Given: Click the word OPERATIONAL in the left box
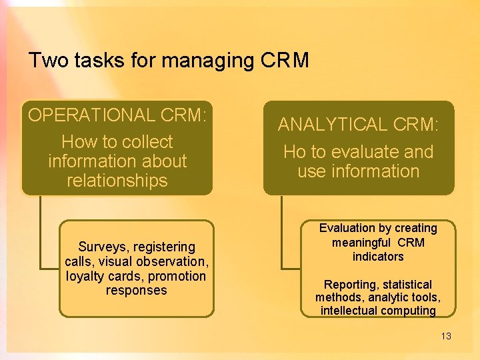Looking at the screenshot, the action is point(91,115).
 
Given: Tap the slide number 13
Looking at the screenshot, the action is point(446,336).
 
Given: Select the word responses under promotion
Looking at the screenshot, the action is point(137,291).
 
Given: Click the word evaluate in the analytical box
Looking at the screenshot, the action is point(359,152).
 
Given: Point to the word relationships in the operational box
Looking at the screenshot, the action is point(117,181).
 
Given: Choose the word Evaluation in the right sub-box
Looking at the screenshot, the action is point(348,228).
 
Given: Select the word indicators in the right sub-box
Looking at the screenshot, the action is point(378,257).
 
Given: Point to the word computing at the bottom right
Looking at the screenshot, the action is point(408,311).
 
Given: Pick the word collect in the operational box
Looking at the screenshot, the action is point(143,142).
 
